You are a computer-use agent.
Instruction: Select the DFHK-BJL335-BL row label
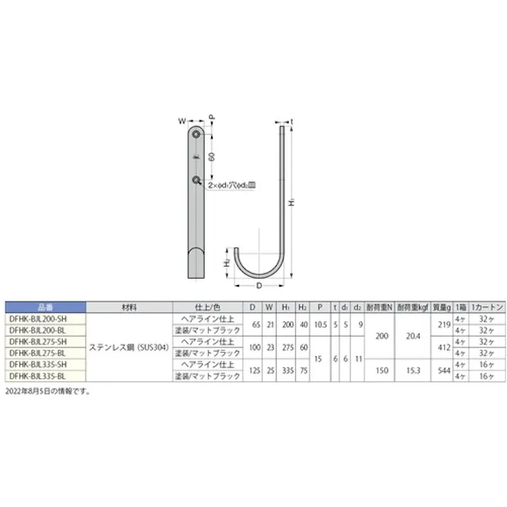44,375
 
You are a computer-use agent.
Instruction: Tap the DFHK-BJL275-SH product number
44,342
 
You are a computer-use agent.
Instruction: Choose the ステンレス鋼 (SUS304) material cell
129,348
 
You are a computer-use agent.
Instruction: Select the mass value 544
442,370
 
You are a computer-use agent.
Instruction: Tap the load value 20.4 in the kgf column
412,336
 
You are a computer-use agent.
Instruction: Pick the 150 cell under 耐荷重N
381,370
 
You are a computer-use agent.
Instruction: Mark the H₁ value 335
287,370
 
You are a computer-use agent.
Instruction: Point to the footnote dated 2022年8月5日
48,391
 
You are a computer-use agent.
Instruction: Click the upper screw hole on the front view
196,135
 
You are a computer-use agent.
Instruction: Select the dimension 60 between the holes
211,157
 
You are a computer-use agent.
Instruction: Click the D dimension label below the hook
259,287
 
